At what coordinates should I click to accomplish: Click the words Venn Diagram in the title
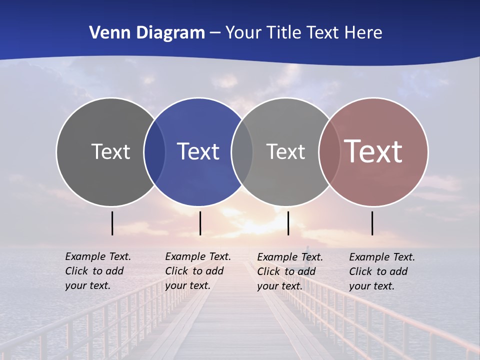[x=147, y=33]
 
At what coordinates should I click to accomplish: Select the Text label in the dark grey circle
[x=110, y=151]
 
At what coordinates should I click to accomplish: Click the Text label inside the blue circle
[x=198, y=151]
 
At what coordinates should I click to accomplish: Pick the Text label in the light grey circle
[x=285, y=151]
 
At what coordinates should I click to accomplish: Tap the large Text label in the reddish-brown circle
[x=373, y=151]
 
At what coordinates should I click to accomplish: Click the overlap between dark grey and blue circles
[x=154, y=151]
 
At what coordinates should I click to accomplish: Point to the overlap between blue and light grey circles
[x=242, y=151]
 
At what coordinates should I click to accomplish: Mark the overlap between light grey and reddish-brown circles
[x=329, y=151]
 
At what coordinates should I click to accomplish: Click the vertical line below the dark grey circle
[x=112, y=223]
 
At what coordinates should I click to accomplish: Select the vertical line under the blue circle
[x=200, y=223]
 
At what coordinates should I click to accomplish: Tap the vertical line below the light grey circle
[x=288, y=223]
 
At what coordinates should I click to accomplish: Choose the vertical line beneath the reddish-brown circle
[x=372, y=223]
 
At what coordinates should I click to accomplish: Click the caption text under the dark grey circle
[x=97, y=271]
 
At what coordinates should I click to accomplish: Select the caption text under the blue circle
[x=197, y=271]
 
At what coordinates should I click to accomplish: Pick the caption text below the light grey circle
[x=289, y=271]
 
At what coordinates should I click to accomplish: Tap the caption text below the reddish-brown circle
[x=381, y=271]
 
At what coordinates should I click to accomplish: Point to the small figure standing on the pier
[x=307, y=248]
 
